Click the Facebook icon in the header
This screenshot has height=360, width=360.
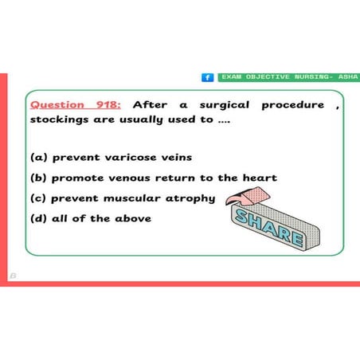click(x=208, y=77)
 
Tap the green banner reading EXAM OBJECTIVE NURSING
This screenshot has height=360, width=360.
click(x=288, y=77)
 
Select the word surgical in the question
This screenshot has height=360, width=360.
click(x=224, y=104)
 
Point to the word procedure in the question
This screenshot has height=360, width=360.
click(x=293, y=104)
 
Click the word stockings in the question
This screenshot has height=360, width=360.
click(x=61, y=119)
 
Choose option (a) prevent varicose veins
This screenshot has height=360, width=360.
click(x=111, y=157)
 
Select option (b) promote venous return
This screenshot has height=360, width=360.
click(x=153, y=178)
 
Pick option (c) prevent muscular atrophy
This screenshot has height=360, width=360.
click(x=122, y=198)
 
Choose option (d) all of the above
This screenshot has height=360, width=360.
click(x=90, y=217)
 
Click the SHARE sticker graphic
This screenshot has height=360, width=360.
click(x=272, y=226)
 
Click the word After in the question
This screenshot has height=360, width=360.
click(x=151, y=104)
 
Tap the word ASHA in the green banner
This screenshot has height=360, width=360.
click(x=348, y=77)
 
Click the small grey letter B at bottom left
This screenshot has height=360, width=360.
click(x=13, y=276)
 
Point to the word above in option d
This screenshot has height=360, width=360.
click(x=132, y=217)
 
